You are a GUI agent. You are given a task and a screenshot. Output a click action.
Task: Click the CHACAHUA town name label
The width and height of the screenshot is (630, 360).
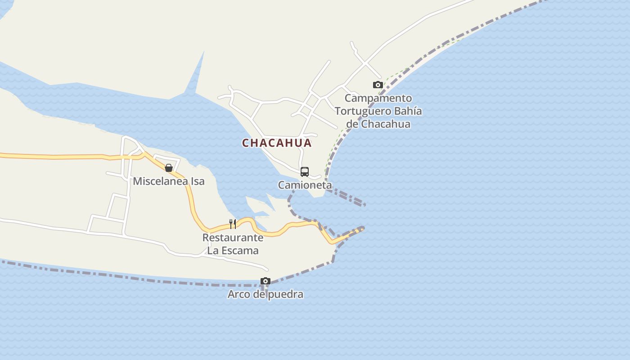click(277, 143)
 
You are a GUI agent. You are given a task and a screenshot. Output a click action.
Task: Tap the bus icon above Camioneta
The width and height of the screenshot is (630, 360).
click(305, 172)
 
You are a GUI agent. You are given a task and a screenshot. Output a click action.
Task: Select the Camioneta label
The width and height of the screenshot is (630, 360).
click(305, 185)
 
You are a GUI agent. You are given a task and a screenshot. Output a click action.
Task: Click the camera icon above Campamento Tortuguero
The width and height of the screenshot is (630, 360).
click(378, 85)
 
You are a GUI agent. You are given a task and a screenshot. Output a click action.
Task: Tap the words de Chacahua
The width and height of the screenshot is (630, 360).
click(378, 124)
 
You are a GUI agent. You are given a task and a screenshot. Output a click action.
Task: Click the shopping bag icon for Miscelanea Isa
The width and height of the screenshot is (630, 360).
click(169, 168)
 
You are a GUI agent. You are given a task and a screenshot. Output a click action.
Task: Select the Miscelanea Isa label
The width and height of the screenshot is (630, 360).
click(169, 181)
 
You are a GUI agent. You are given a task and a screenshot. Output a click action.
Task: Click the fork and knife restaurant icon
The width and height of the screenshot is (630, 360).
click(233, 224)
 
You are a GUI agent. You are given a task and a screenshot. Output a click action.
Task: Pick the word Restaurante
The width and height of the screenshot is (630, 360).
click(233, 238)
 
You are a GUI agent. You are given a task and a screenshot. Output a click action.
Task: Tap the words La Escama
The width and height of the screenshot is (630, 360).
click(233, 251)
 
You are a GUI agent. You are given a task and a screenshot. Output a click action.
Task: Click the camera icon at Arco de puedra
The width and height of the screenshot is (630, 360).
click(265, 281)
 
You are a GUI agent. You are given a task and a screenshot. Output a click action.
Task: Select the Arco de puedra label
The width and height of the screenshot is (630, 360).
click(265, 295)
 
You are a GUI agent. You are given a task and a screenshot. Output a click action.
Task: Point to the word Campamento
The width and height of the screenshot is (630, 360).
click(378, 98)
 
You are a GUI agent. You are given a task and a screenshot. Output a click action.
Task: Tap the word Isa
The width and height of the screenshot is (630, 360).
click(198, 181)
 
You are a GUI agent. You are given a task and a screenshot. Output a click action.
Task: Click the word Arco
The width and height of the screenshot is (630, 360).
click(238, 295)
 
